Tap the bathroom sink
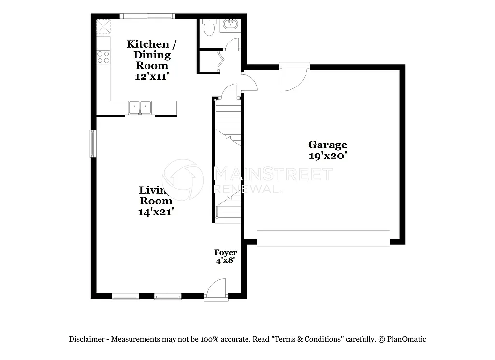tap(230, 25)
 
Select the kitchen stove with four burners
tap(103, 57)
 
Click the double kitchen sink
tap(140, 107)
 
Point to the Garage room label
tap(328, 144)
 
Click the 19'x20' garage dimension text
tap(328, 156)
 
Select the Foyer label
tap(226, 253)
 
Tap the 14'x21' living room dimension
tap(155, 211)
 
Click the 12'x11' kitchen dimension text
tap(152, 76)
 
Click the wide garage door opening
tap(323, 239)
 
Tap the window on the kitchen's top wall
tap(147, 16)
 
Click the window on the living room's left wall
tap(93, 143)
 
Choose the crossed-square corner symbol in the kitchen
tap(103, 26)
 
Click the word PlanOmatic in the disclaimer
tap(407, 339)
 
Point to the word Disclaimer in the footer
tap(87, 339)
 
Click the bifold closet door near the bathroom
tap(221, 60)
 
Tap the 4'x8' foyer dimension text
tap(225, 261)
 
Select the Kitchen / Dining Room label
tap(151, 55)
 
